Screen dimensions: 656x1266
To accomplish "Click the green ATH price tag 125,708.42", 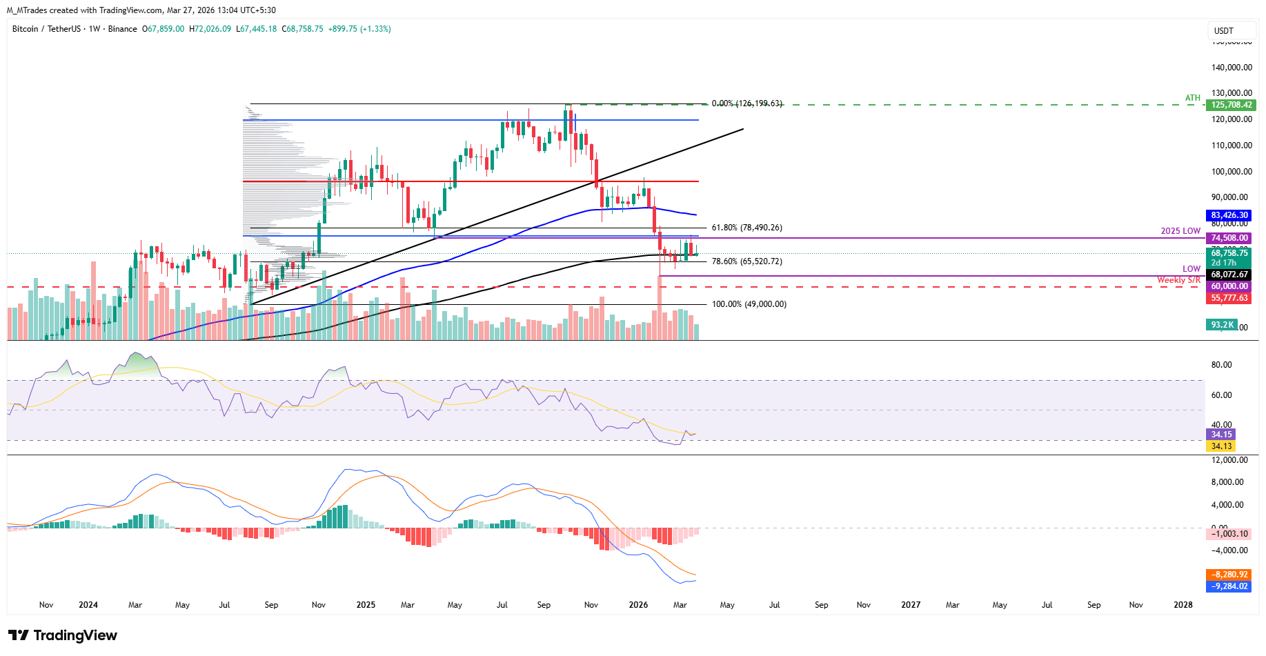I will point(1230,105).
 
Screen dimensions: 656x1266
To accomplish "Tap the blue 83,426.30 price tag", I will point(1229,215).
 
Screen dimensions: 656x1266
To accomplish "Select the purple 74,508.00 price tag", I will point(1229,238).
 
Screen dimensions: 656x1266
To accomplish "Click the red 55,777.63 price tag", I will point(1229,298).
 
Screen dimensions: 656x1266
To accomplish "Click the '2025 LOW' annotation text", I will point(1180,231).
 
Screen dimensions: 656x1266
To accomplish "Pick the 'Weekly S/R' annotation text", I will point(1178,280).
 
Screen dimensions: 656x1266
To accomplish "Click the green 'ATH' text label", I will point(1193,98).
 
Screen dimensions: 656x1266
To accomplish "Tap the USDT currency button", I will point(1224,31).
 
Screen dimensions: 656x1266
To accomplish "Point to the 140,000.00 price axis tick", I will point(1232,68).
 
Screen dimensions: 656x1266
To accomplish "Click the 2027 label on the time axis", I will point(911,605).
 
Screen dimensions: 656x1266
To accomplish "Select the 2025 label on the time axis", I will point(366,605).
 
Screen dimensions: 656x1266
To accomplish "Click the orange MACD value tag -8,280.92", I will point(1229,575).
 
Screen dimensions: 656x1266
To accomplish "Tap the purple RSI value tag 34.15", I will point(1221,435).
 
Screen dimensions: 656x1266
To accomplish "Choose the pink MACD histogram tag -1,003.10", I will point(1229,534).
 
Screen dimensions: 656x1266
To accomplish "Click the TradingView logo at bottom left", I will point(63,635).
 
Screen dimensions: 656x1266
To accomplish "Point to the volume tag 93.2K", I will point(1222,325).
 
